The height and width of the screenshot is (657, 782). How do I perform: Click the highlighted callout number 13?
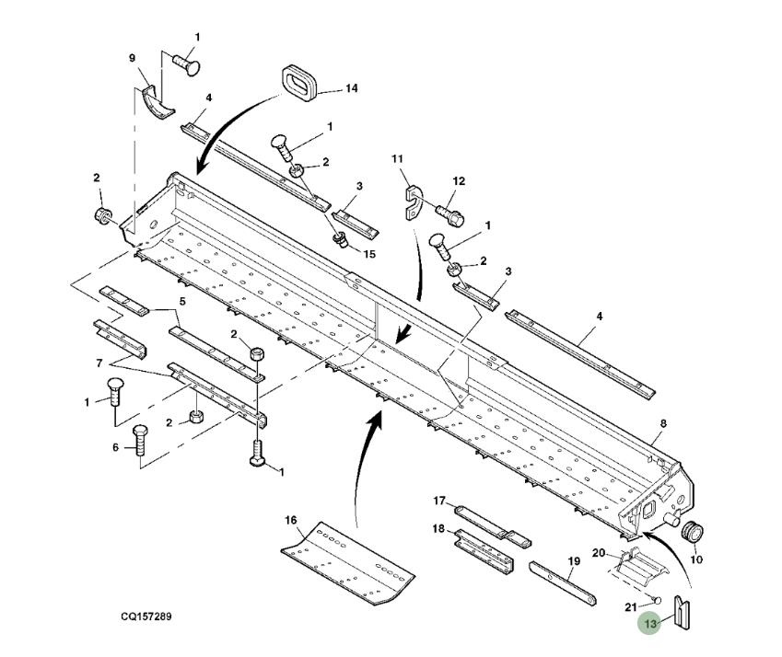651,623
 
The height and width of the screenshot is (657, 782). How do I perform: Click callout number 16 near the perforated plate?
291,520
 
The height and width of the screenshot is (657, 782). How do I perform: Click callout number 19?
573,560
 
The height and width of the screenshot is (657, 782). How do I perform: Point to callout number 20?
598,553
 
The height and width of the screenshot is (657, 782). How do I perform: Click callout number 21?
630,605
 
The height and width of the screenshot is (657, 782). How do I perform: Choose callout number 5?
182,301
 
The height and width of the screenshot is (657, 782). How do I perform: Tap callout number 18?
439,530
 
